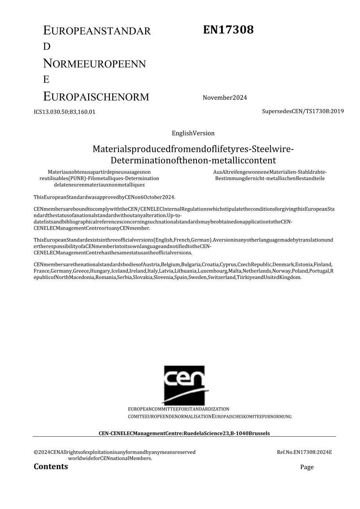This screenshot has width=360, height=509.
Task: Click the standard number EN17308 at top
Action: (228, 30)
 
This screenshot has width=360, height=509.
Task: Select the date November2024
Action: (225, 98)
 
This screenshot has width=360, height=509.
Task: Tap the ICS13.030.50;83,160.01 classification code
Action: (65, 112)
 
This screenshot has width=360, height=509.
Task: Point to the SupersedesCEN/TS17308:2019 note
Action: (302, 111)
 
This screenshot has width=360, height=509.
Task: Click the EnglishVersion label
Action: (193, 133)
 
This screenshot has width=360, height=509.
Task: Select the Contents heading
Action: (51, 466)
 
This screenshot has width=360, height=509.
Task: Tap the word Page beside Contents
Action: (307, 467)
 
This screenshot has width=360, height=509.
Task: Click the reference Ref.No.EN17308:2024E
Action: (304, 452)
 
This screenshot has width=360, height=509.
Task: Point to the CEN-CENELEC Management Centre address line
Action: (184, 433)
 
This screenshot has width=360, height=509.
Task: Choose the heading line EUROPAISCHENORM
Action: (96, 96)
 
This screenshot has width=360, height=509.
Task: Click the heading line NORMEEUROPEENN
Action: (94, 63)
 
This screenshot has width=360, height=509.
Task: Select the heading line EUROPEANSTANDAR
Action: (97, 31)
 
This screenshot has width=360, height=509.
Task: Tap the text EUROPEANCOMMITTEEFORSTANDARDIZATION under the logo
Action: (178, 409)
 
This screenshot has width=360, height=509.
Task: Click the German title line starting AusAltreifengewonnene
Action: (270, 172)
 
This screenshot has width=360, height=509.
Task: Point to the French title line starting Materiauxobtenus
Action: (99, 172)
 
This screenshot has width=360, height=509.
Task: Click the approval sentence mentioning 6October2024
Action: (104, 197)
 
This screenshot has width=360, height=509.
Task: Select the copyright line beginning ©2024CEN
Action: (114, 452)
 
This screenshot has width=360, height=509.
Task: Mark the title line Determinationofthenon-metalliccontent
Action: (193, 160)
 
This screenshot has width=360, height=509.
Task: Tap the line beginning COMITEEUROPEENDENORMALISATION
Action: (170, 417)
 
